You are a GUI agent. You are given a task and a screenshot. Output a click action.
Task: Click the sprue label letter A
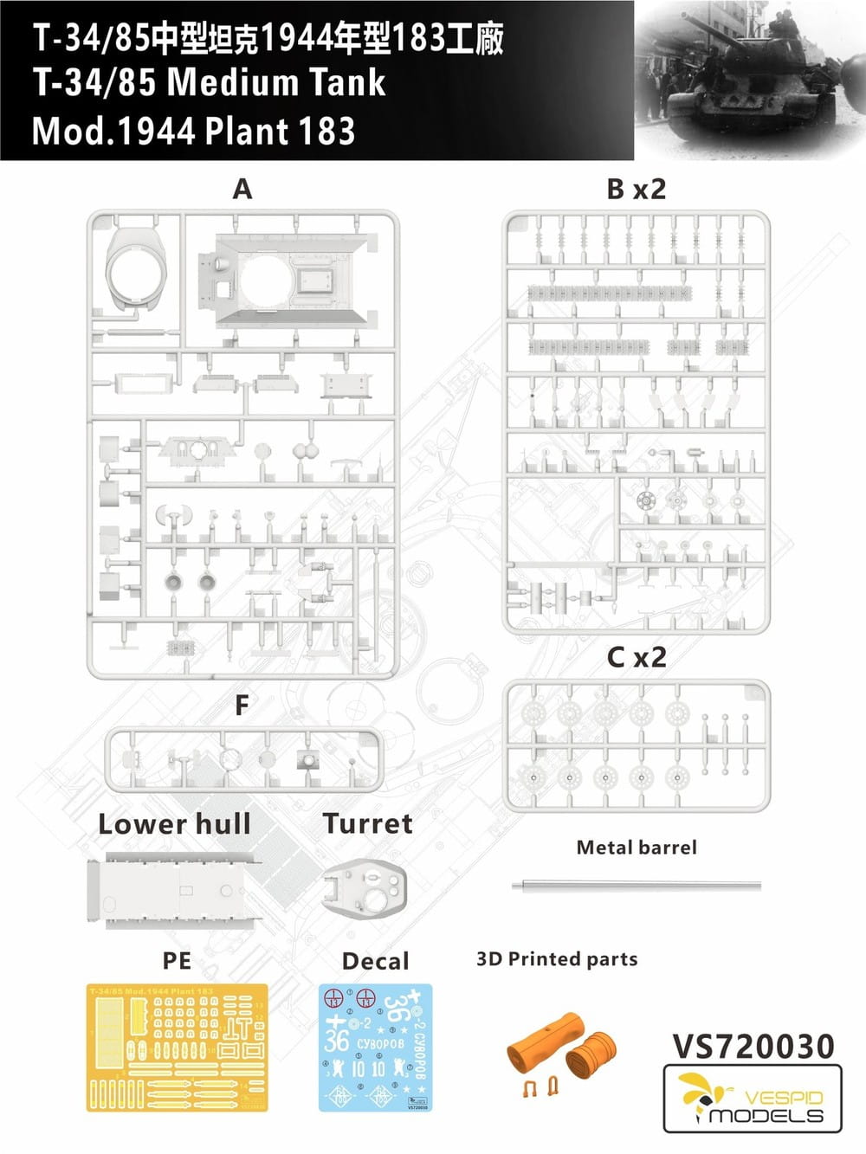[x=242, y=189]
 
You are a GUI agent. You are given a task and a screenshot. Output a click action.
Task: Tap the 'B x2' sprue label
[x=636, y=189]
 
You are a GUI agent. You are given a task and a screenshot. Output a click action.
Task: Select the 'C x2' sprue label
[x=636, y=657]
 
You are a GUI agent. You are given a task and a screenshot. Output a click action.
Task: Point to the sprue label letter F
[x=242, y=706]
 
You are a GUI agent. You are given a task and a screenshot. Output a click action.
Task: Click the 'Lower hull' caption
[x=174, y=824]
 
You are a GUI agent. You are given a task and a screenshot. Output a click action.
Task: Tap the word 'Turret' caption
[x=367, y=823]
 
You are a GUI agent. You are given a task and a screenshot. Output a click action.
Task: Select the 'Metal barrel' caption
[x=637, y=848]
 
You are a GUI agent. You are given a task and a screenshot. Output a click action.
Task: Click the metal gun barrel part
[x=637, y=886]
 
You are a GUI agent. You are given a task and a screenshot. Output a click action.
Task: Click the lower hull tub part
[x=173, y=890]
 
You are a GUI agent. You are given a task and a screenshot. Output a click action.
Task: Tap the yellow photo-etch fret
[x=177, y=1048]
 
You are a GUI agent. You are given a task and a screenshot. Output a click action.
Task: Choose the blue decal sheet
[x=375, y=1048]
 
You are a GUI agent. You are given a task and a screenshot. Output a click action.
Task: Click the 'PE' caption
[x=177, y=961]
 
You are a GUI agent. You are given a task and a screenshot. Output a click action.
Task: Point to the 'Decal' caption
[x=375, y=961]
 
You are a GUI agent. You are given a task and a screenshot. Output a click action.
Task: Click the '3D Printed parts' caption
[x=556, y=959]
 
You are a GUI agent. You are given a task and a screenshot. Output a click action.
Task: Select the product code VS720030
[x=753, y=1046]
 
